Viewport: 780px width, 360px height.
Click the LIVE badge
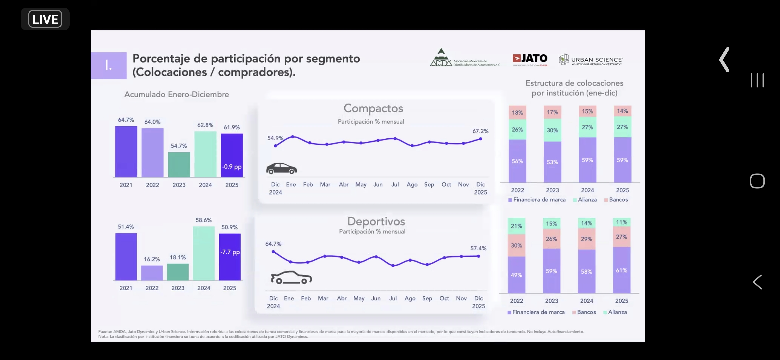pos(45,19)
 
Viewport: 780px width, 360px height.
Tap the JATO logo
pos(530,59)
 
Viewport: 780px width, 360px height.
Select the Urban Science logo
pos(590,60)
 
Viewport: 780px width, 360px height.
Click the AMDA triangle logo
pos(441,57)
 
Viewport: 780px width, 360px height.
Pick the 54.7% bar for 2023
pos(179,164)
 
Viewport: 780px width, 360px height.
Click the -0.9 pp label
pos(232,167)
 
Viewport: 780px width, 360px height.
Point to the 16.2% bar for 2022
pos(152,273)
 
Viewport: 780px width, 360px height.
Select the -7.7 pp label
pos(230,252)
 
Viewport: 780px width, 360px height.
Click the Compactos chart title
pos(373,108)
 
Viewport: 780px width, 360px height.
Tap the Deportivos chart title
pos(376,221)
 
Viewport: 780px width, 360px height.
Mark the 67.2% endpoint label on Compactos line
pos(480,131)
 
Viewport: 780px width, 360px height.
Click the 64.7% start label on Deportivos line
pos(273,244)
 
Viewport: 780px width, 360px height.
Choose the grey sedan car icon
pos(281,169)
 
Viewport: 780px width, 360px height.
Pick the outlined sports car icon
pos(291,277)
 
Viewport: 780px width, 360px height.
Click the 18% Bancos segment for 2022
pos(517,113)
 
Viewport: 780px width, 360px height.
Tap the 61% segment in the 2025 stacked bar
pos(622,270)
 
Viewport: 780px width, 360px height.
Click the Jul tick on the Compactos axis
pos(395,184)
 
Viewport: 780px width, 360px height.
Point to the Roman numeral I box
pos(109,65)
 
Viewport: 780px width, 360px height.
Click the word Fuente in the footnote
pos(105,332)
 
